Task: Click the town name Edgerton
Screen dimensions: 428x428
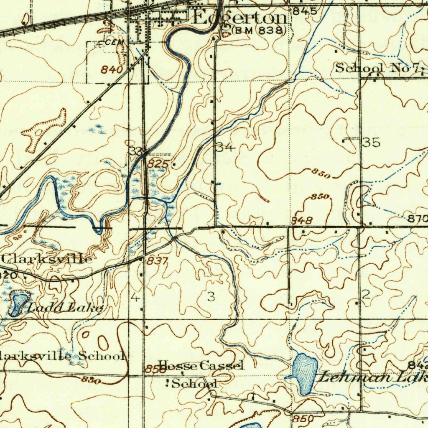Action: point(240,18)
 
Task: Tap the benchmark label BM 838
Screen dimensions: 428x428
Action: point(259,31)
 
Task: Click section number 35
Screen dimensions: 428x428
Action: point(372,143)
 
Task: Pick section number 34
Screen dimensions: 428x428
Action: point(226,147)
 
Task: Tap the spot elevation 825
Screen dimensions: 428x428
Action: point(158,164)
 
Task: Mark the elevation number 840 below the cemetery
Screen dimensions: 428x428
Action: point(112,70)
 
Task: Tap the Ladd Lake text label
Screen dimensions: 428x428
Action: point(66,308)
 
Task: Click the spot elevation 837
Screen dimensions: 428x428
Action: point(157,261)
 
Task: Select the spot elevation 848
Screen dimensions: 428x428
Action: point(302,220)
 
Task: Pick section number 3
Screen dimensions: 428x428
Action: point(211,297)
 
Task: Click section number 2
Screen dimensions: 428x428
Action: point(366,295)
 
